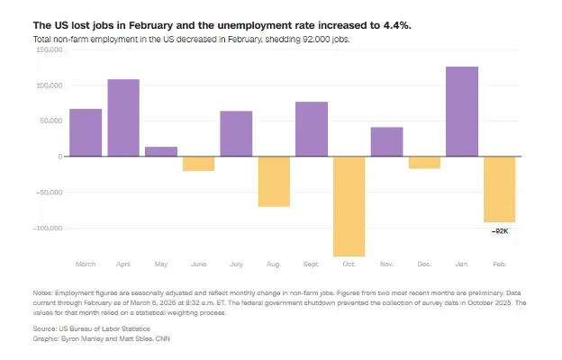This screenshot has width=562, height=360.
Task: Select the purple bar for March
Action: pos(86,132)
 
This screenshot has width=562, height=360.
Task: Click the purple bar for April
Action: pos(123,118)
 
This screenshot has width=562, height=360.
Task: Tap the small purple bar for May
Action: pos(161,151)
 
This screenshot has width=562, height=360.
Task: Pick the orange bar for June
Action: pos(198,164)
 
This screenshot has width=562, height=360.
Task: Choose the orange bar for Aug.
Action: pos(274,182)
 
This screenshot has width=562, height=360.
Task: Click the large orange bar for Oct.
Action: pos(349,206)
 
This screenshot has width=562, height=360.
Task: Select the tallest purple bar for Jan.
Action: pos(461,112)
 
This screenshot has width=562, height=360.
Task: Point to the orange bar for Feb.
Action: pos(499,189)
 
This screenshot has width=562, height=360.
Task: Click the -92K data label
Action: pos(500,231)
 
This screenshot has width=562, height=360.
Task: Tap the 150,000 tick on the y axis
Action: pos(49,50)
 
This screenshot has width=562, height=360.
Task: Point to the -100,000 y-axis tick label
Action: pos(48,228)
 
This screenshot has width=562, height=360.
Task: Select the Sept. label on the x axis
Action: pos(311,265)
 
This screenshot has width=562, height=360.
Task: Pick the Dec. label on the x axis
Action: pos(423,265)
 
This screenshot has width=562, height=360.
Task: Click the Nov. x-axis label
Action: pos(386,265)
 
